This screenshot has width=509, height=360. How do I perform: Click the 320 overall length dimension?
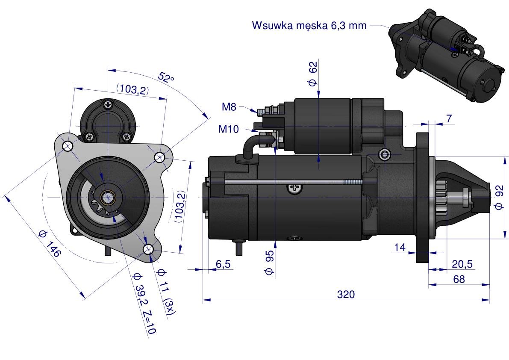(x=346, y=295)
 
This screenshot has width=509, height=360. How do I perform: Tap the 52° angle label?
(x=166, y=77)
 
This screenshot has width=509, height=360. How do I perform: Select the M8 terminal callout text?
(x=229, y=106)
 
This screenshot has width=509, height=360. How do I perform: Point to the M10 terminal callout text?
(x=229, y=129)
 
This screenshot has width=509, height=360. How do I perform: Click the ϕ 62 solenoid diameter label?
(x=312, y=74)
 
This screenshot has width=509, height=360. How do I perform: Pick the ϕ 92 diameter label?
(x=500, y=198)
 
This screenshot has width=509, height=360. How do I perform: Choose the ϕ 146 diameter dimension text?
(x=49, y=243)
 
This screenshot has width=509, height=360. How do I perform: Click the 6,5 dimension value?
(x=223, y=264)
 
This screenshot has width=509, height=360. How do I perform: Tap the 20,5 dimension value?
(x=462, y=264)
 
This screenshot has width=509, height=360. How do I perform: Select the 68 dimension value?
(x=459, y=279)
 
